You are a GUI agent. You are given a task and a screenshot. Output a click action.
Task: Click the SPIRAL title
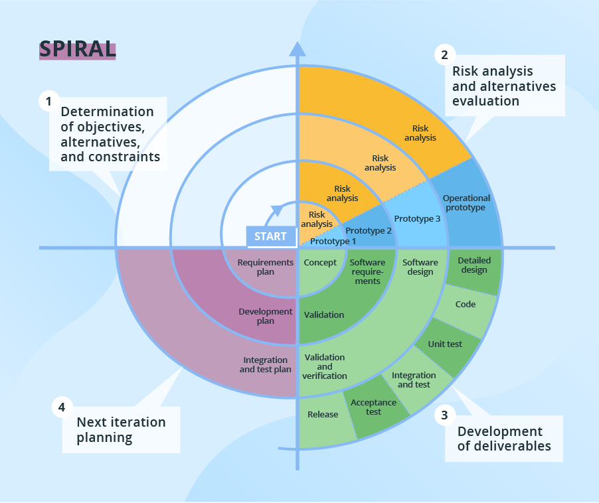[77, 49]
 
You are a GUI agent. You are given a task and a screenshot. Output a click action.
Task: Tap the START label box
[271, 236]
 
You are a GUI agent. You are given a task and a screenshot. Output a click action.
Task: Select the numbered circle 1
[47, 101]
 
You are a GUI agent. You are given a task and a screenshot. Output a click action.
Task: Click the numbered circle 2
[444, 54]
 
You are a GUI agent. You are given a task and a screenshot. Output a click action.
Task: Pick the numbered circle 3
[444, 416]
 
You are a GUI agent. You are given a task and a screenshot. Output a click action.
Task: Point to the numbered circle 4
[61, 407]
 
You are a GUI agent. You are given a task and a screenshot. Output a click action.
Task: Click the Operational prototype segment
[466, 203]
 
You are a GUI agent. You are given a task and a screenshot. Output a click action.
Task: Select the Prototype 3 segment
[417, 219]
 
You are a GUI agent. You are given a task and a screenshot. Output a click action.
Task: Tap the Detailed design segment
[473, 266]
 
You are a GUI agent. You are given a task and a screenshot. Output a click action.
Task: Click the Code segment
[465, 305]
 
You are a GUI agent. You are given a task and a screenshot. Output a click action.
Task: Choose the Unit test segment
[445, 344]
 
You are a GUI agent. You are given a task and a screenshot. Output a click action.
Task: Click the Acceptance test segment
[373, 407]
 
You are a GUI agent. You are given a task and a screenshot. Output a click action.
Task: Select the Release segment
[323, 415]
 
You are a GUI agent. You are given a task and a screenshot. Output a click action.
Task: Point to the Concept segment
[320, 263]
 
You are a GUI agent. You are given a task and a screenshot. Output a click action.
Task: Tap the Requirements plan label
[266, 267]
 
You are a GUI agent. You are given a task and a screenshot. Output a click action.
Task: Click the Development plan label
[266, 316]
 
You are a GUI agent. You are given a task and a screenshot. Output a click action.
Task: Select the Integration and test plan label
[266, 365]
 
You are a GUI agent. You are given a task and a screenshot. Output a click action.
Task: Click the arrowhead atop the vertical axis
[298, 48]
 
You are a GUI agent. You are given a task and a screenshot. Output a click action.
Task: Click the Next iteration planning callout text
[122, 430]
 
